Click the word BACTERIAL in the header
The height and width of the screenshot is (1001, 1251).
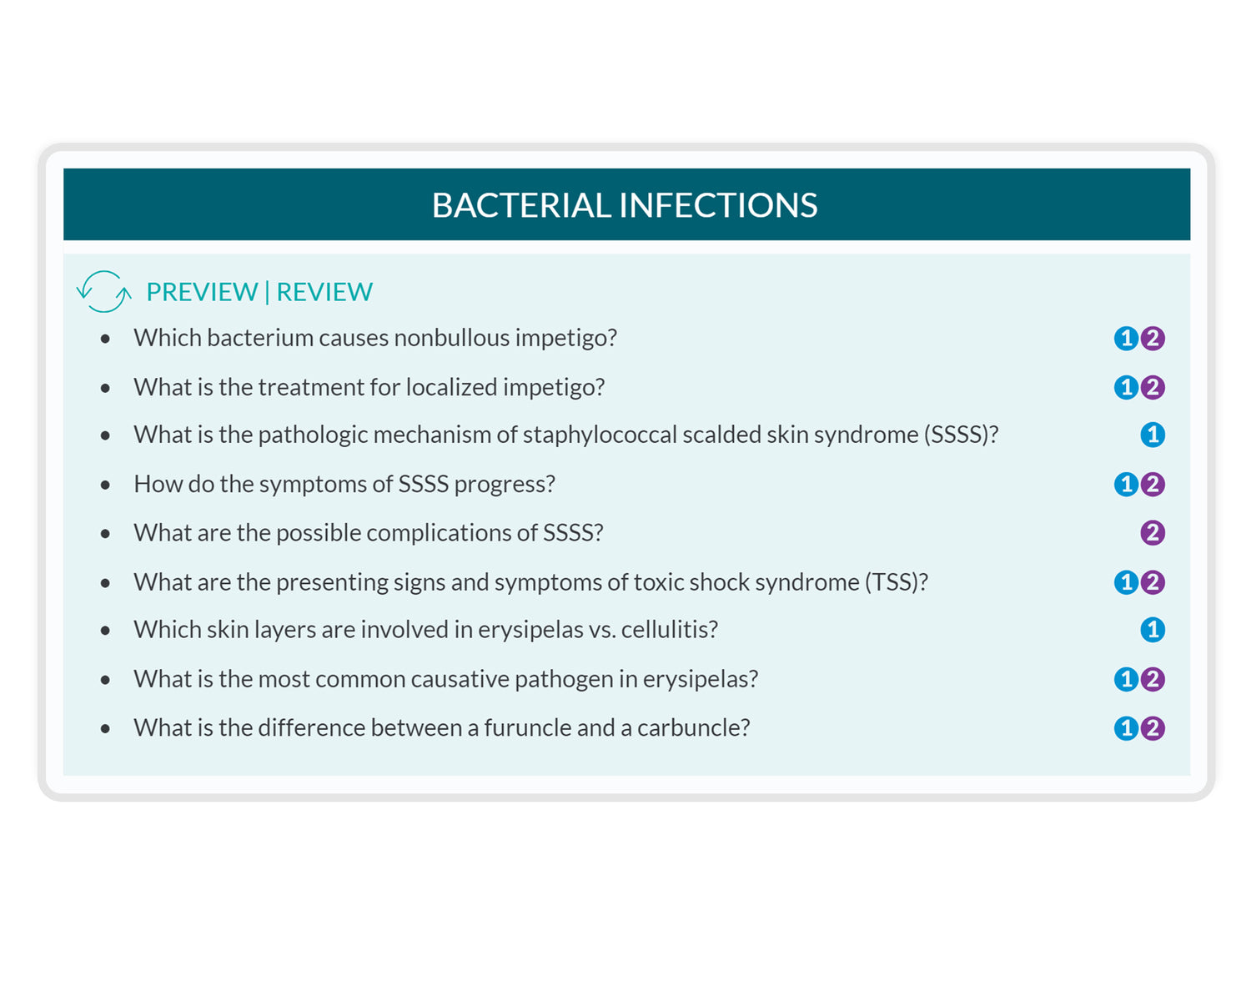tap(521, 205)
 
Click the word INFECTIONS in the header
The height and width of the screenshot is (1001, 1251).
tap(718, 205)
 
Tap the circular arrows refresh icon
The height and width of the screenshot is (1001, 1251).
tap(104, 291)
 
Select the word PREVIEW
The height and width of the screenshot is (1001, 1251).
tap(202, 292)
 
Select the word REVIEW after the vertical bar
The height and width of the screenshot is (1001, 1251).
tap(324, 292)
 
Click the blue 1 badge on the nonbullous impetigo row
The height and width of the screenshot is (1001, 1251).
tap(1126, 339)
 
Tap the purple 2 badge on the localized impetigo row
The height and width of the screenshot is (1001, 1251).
tap(1153, 387)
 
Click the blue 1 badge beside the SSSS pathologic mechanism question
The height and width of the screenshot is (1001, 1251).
tap(1153, 435)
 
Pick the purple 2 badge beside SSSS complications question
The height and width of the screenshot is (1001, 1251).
tap(1153, 533)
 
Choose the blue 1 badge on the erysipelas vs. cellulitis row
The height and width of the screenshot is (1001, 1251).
tap(1153, 630)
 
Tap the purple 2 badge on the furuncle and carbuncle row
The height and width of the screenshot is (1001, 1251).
tap(1153, 728)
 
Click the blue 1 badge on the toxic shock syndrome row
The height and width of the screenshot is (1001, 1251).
tap(1126, 582)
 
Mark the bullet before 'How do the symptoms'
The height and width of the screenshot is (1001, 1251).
tap(105, 485)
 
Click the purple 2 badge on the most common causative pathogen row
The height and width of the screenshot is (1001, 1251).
tap(1153, 679)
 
